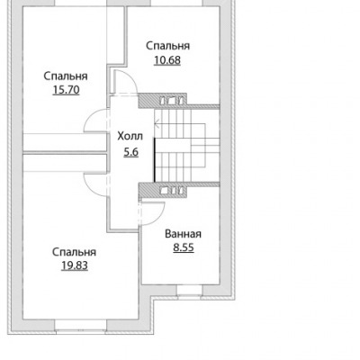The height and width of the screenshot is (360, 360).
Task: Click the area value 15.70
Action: tap(66, 90)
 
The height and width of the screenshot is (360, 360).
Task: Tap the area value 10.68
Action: tap(167, 60)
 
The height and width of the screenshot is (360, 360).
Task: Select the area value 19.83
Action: tap(75, 265)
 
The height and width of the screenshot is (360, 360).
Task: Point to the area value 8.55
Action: tap(184, 247)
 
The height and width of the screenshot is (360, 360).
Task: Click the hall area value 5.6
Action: tap(131, 152)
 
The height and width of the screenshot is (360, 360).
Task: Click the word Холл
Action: tap(130, 137)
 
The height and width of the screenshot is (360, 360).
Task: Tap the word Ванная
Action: tap(183, 234)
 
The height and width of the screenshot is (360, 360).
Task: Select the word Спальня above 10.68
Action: tap(168, 46)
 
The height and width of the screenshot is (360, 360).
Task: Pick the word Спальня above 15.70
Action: tap(66, 76)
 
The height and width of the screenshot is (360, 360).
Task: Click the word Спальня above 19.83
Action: tap(75, 252)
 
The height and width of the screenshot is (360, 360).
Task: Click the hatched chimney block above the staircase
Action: tap(163, 101)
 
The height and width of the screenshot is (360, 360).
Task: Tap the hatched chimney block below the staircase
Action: tap(163, 190)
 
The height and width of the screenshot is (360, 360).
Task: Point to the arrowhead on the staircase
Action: tap(157, 122)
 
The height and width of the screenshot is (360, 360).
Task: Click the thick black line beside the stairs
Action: tap(155, 160)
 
